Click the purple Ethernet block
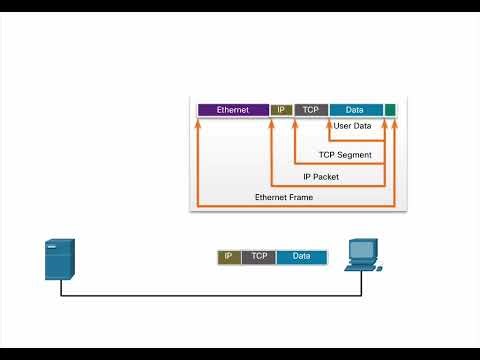233,109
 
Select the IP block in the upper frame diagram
281,109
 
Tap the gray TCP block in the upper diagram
311,109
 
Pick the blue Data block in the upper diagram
355,109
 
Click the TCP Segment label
345,155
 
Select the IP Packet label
320,177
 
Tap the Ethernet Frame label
284,198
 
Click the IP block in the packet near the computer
229,257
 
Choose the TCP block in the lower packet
259,257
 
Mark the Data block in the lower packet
301,257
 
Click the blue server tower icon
59,260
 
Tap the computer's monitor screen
361,250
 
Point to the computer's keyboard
360,268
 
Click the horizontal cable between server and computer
210,295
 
